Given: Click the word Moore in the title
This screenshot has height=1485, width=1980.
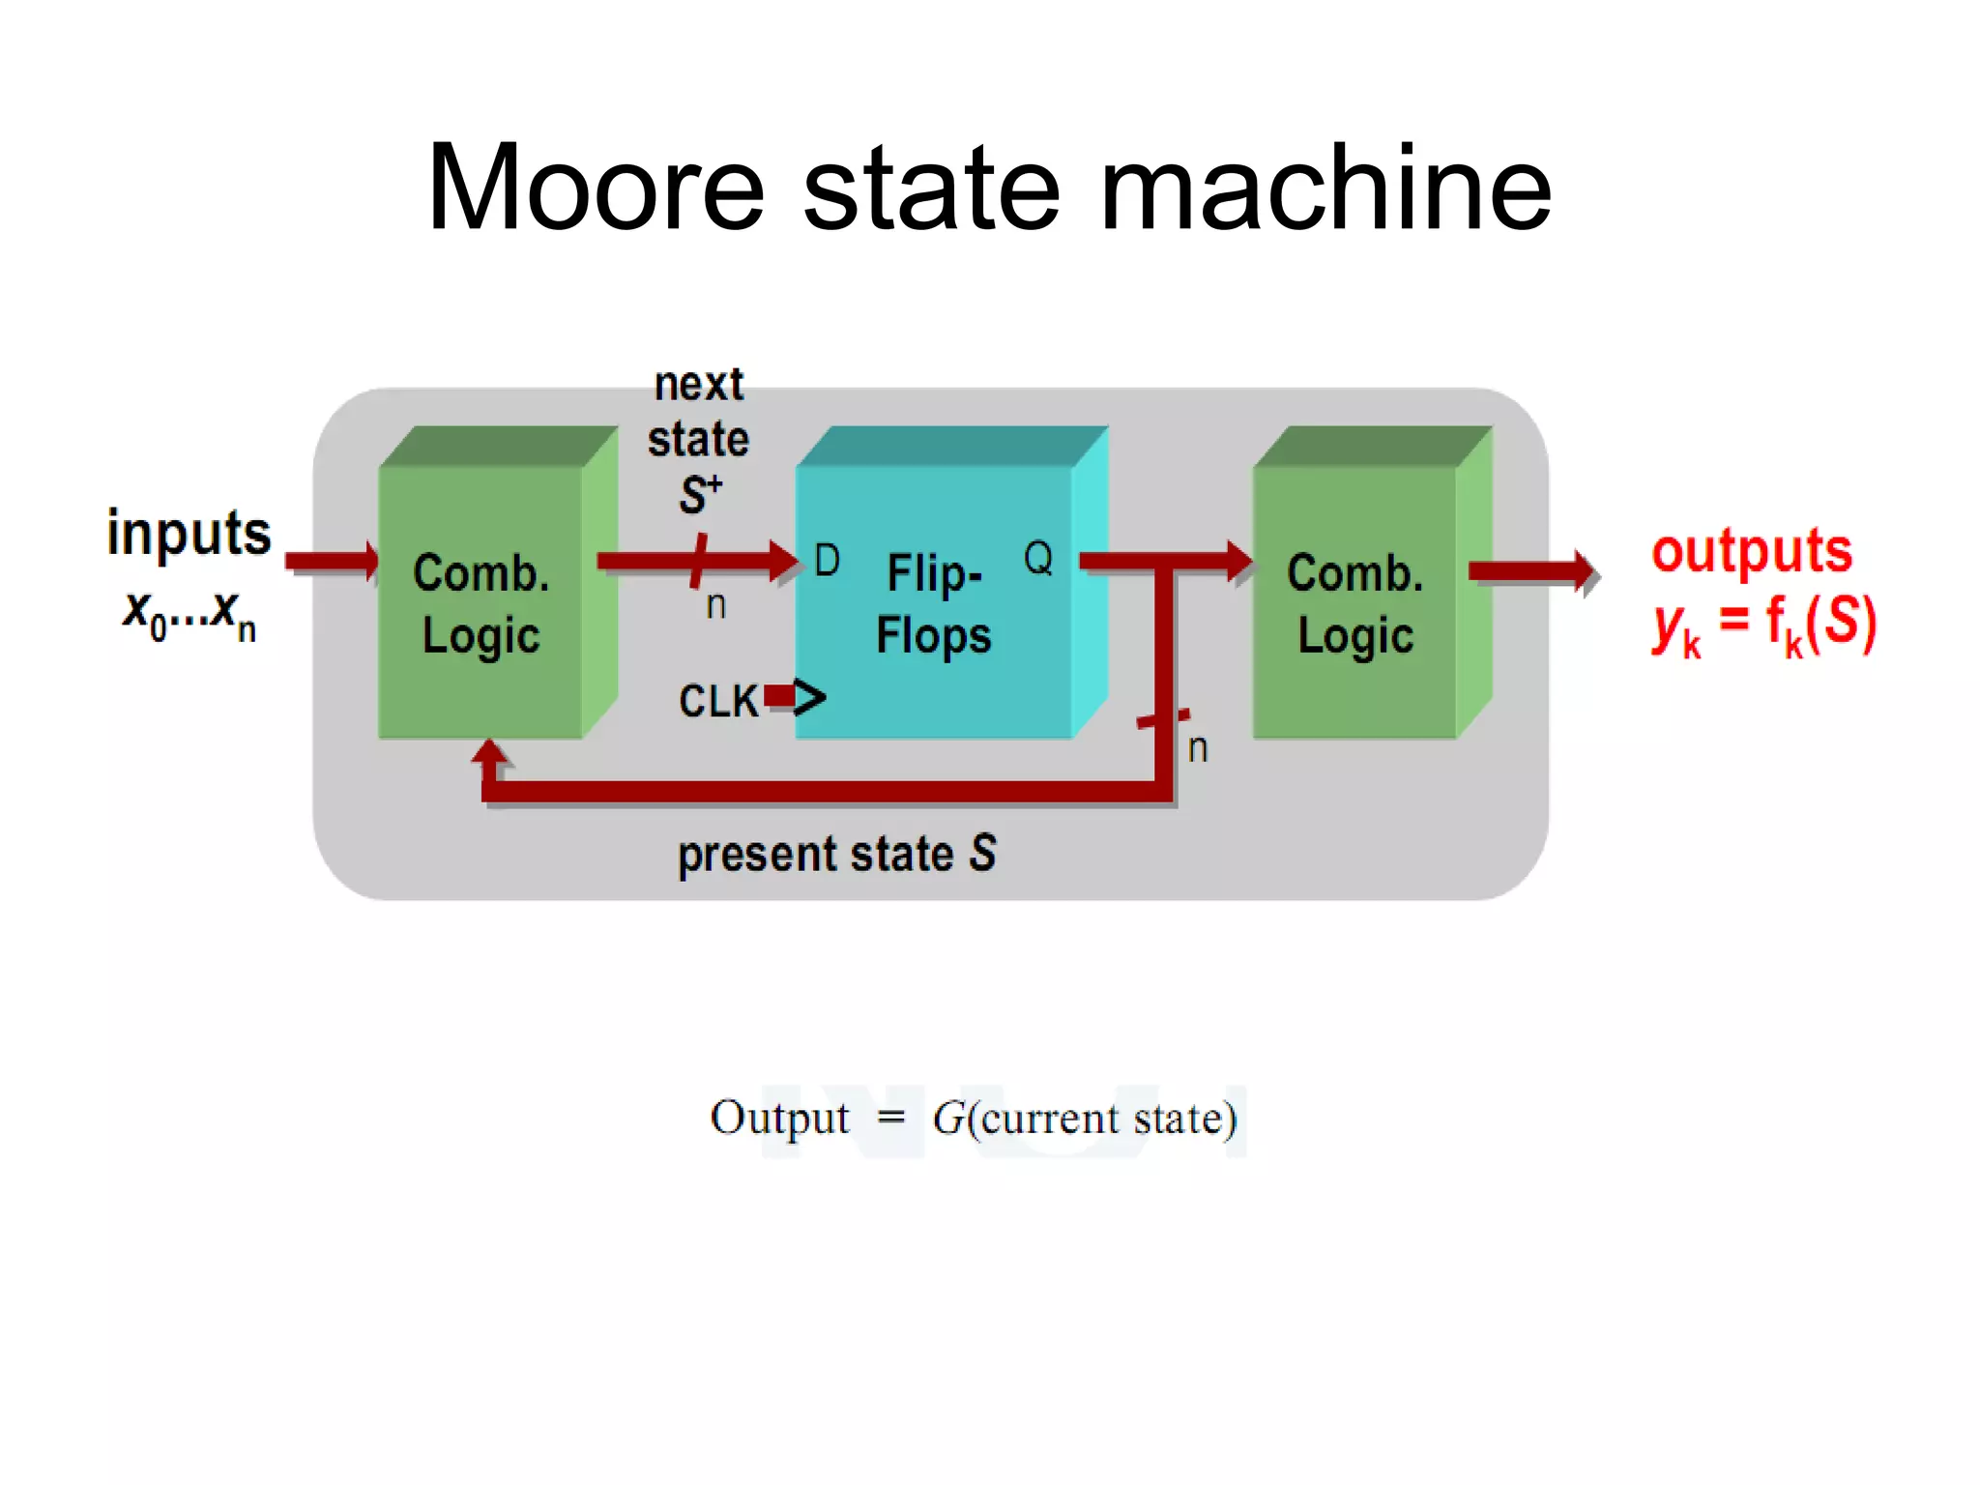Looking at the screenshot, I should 596,189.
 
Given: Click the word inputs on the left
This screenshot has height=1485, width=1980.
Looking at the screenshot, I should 189,534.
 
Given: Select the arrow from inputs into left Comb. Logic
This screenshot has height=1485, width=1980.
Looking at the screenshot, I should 332,560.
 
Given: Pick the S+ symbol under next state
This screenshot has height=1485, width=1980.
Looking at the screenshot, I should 699,494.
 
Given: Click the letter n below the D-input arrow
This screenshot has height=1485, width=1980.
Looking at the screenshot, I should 715,606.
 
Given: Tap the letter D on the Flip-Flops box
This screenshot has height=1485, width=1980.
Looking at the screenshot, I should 827,560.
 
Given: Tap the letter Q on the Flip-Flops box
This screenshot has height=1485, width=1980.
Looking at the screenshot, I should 1038,558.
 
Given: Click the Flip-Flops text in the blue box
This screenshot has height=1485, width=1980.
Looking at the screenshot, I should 934,603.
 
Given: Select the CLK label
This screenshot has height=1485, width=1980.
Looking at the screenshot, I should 718,701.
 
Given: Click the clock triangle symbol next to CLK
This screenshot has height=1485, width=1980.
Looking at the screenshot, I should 809,697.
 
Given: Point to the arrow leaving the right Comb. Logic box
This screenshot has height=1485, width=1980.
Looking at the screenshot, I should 1532,572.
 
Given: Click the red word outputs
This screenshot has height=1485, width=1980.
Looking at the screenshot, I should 1752,551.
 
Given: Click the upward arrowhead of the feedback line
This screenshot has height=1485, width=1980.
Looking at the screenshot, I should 490,754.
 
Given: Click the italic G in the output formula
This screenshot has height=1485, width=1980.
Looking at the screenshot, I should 947,1119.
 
